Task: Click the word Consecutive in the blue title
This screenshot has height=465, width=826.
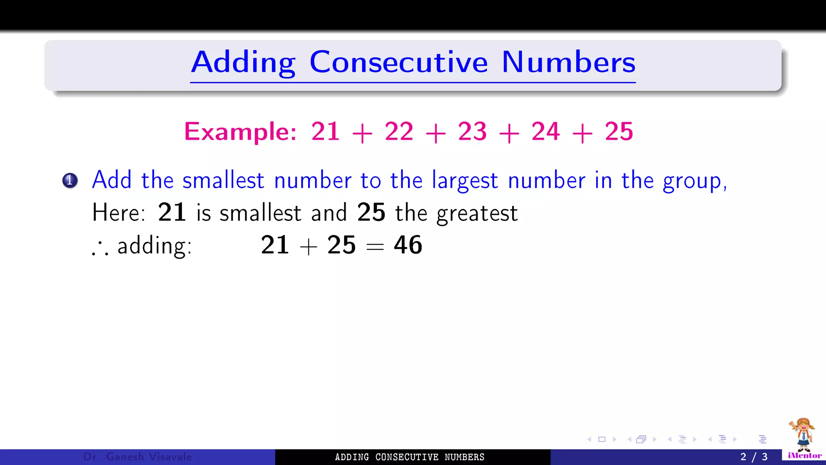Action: [398, 63]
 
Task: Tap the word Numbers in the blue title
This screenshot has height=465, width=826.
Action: [568, 63]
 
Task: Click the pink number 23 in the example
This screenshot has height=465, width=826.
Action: [472, 132]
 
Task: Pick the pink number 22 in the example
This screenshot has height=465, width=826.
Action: [399, 132]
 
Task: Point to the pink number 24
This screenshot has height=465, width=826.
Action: [546, 132]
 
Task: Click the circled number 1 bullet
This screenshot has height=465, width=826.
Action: [70, 180]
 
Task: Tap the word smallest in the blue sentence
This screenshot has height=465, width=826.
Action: [223, 180]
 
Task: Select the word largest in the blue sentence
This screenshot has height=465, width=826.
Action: [465, 181]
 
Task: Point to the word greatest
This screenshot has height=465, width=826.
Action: [477, 214]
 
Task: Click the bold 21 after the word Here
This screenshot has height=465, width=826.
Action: [172, 212]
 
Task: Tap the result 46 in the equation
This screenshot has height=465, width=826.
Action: [408, 245]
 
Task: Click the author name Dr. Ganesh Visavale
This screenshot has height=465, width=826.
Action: [138, 457]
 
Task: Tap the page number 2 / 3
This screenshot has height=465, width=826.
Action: [754, 457]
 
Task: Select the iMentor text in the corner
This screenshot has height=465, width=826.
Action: [805, 456]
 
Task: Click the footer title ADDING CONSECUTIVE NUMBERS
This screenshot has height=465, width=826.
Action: [409, 457]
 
